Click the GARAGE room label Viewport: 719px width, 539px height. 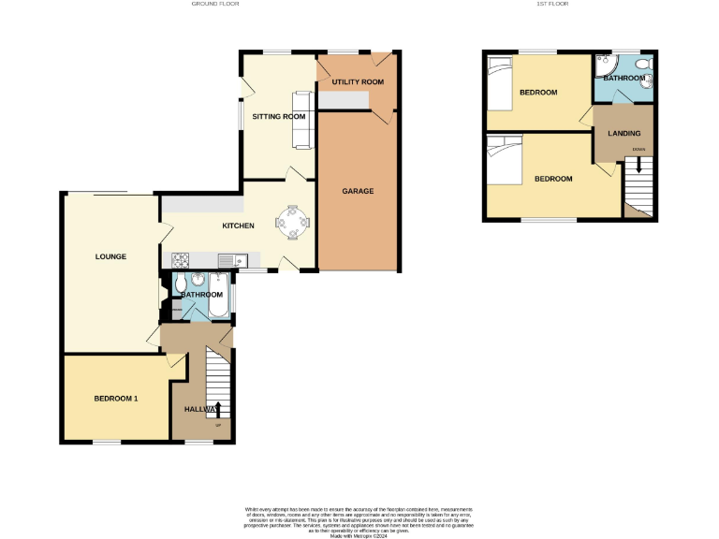click(358, 191)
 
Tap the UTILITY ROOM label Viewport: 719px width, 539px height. click(358, 82)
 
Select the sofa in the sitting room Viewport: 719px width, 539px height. click(302, 120)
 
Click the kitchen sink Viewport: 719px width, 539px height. click(229, 259)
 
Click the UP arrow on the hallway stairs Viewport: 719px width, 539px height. click(218, 409)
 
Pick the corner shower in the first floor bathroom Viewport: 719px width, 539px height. click(604, 67)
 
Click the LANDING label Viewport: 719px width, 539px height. click(624, 134)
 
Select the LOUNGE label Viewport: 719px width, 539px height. click(110, 256)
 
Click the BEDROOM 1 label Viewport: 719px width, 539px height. click(116, 399)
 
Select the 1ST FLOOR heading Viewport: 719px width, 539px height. click(552, 4)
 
